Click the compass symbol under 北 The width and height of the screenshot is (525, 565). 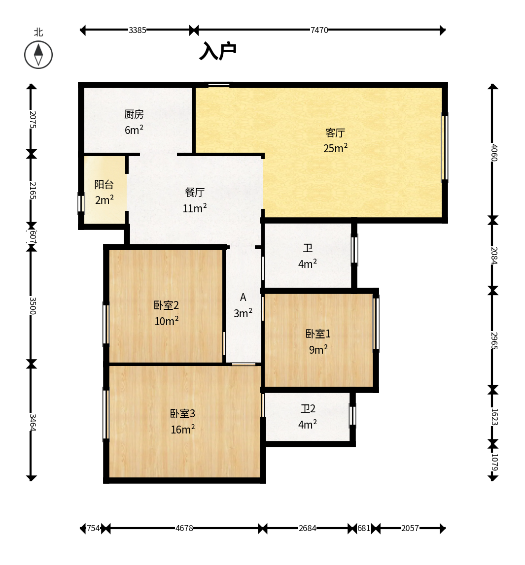pyautogui.click(x=38, y=55)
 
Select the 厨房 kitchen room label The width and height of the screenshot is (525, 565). pyautogui.click(x=134, y=114)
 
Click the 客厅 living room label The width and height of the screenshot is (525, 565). pyautogui.click(x=335, y=133)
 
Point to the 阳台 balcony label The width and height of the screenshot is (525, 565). pyautogui.click(x=104, y=185)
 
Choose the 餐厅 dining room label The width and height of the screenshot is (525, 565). pyautogui.click(x=195, y=192)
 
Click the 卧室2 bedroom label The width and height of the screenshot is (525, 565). pyautogui.click(x=166, y=305)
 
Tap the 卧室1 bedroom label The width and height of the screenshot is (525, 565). pyautogui.click(x=318, y=333)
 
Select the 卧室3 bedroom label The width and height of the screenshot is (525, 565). pyautogui.click(x=182, y=413)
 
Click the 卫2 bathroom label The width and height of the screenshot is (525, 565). pyautogui.click(x=308, y=409)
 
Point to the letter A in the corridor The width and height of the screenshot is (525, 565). pyautogui.click(x=243, y=297)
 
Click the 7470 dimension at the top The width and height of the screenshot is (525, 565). pyautogui.click(x=319, y=30)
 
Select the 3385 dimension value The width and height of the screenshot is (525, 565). pyautogui.click(x=138, y=30)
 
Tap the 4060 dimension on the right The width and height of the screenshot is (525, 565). pyautogui.click(x=494, y=153)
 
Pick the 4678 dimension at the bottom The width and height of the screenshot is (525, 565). pyautogui.click(x=184, y=528)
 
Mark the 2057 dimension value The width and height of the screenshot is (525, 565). pyautogui.click(x=410, y=528)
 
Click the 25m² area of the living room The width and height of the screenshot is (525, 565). pyautogui.click(x=335, y=148)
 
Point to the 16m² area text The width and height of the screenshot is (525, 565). pyautogui.click(x=182, y=429)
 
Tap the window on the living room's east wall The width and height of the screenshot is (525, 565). pyautogui.click(x=445, y=146)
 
